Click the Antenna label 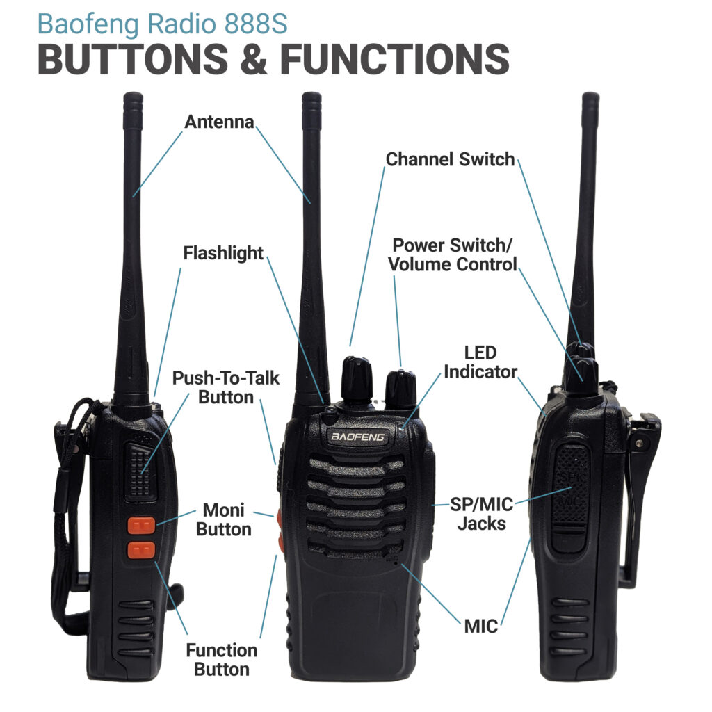click(x=219, y=122)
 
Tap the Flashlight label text click(x=223, y=253)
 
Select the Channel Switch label click(x=450, y=159)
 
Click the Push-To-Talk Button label click(x=225, y=388)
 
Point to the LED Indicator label click(x=480, y=362)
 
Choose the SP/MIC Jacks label click(x=481, y=513)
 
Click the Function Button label click(x=221, y=660)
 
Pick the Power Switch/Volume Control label click(x=453, y=255)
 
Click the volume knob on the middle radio click(x=400, y=389)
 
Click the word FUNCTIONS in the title click(x=394, y=60)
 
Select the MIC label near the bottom click(x=481, y=626)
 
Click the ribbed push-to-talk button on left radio click(x=141, y=469)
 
